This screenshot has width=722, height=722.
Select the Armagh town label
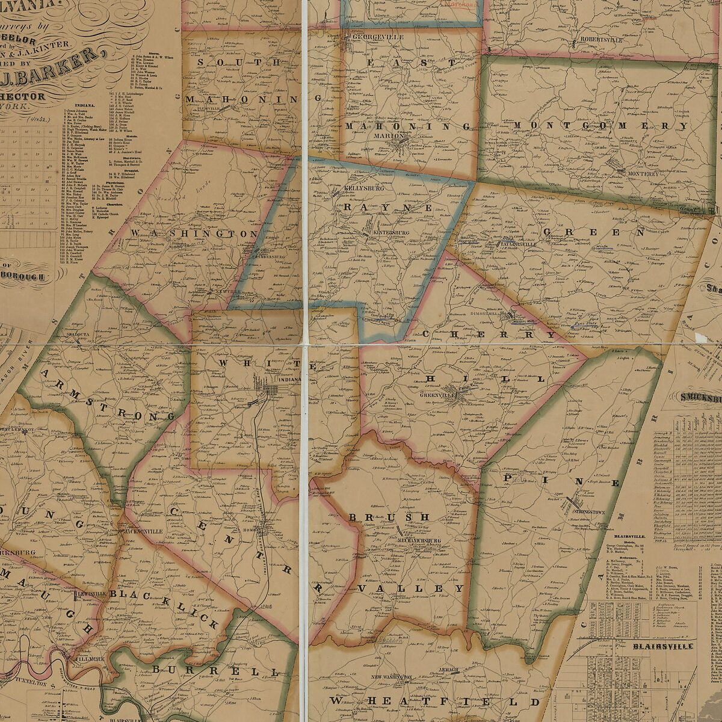coord(448,670)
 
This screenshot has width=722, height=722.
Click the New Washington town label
coord(392,677)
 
